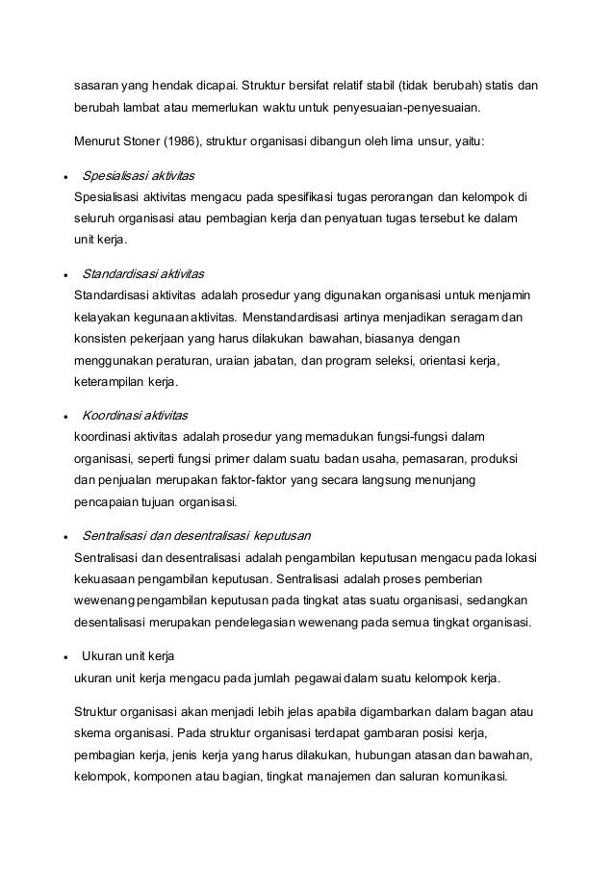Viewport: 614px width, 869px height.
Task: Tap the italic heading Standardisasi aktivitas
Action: [x=143, y=272]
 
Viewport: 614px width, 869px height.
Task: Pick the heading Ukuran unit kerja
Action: [x=127, y=656]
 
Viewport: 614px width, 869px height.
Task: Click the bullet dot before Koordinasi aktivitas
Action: [x=64, y=416]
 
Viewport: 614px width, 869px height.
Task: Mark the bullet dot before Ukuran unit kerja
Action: [x=64, y=657]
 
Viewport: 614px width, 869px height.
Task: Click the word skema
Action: [x=92, y=733]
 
